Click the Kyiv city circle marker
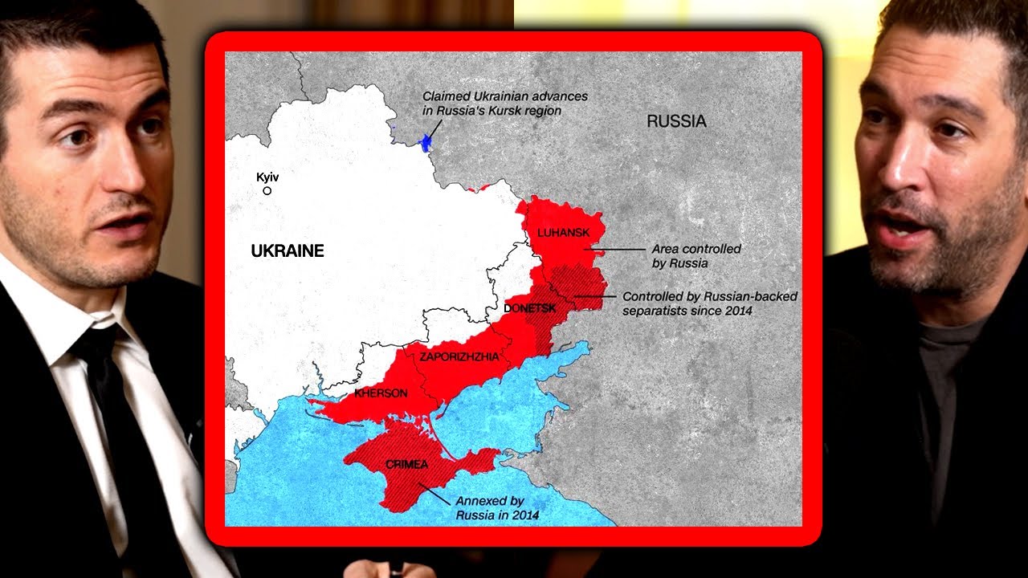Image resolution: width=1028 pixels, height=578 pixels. pyautogui.click(x=267, y=191)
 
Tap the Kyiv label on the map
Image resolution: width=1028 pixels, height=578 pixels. pyautogui.click(x=267, y=177)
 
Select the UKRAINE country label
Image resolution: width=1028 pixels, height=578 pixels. pyautogui.click(x=288, y=250)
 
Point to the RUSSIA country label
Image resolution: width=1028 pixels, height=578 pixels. pyautogui.click(x=676, y=121)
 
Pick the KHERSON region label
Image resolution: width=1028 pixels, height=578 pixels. pyautogui.click(x=381, y=393)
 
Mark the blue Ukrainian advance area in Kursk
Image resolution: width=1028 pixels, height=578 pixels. pyautogui.click(x=426, y=144)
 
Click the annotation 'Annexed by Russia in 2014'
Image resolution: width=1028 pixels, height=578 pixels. pyautogui.click(x=497, y=507)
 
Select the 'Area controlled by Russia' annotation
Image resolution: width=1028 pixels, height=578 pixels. pyautogui.click(x=696, y=255)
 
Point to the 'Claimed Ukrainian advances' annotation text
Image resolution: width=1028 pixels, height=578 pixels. pyautogui.click(x=505, y=103)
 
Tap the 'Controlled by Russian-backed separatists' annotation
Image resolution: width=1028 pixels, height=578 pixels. pyautogui.click(x=710, y=303)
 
